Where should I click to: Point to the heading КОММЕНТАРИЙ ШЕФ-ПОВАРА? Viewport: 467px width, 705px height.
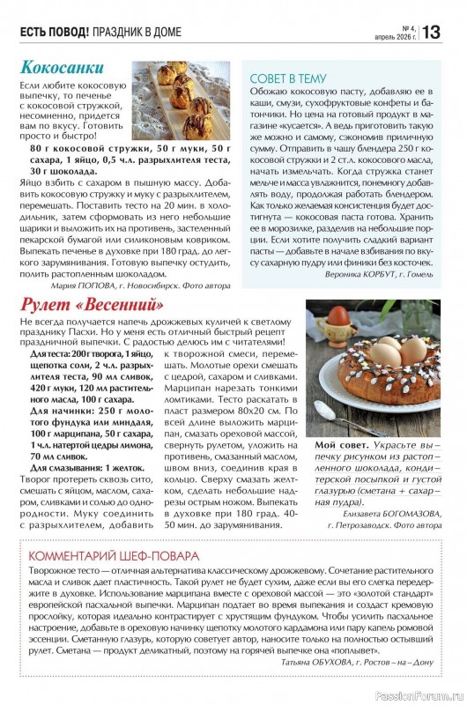[x=114, y=556]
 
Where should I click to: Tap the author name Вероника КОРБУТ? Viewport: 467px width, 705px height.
[x=362, y=274]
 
